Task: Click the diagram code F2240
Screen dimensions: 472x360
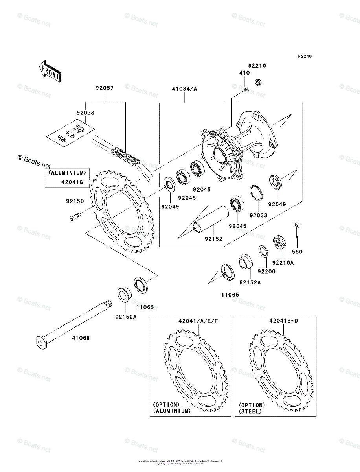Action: click(x=304, y=57)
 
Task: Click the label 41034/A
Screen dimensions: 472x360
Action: click(x=184, y=89)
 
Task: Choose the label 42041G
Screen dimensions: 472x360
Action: click(x=72, y=182)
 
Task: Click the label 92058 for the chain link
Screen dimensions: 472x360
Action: click(x=85, y=112)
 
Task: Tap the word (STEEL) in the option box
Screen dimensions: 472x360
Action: click(x=250, y=411)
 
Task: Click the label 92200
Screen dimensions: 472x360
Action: click(x=266, y=271)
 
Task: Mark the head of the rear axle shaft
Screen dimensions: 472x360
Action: click(x=40, y=341)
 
